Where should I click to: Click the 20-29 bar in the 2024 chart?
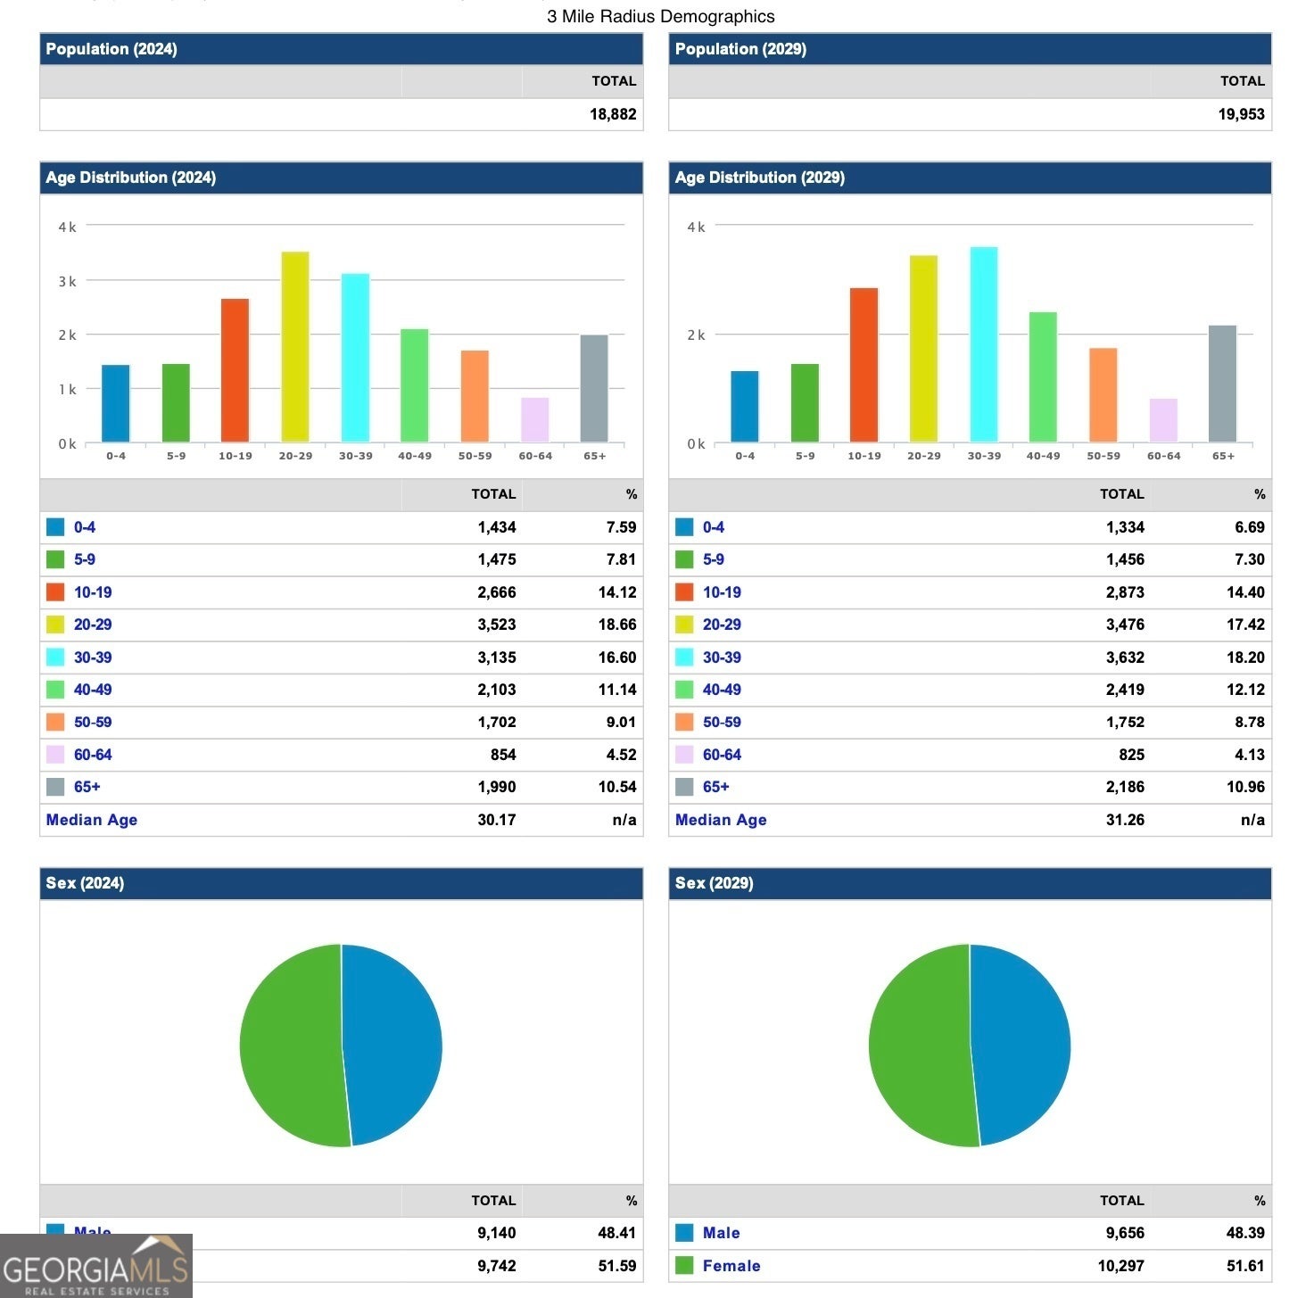pos(295,348)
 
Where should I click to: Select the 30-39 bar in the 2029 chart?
pos(984,345)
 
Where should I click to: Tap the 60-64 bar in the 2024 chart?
pos(534,420)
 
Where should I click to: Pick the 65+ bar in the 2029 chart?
pos(1222,384)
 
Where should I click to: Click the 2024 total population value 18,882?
pos(613,114)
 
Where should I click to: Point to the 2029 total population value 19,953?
pos(1241,114)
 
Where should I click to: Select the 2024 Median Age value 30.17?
pos(496,820)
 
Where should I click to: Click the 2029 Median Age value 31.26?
pos(1125,820)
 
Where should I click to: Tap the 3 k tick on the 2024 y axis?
pos(67,282)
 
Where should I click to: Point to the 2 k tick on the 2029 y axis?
pos(696,335)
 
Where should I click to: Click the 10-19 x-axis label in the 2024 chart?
pos(236,456)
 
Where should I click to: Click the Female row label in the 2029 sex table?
pos(731,1266)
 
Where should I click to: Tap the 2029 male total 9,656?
pos(1125,1233)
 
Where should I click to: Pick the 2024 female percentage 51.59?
pos(616,1266)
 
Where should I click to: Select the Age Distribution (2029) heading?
pos(759,178)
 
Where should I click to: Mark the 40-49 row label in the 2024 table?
pos(93,690)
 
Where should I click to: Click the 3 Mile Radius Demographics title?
pos(660,16)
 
